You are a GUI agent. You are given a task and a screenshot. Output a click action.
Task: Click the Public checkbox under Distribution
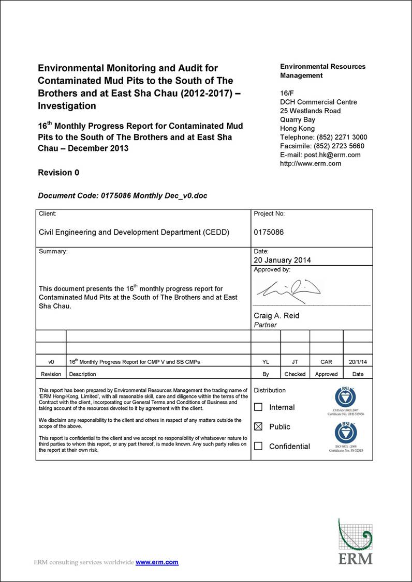coord(258,427)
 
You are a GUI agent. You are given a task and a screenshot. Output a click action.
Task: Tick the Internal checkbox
coord(258,407)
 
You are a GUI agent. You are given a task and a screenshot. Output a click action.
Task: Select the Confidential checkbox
coord(258,446)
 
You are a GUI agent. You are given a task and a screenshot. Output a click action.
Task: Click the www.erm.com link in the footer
coord(157,562)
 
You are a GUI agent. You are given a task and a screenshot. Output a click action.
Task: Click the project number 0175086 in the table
coord(269,232)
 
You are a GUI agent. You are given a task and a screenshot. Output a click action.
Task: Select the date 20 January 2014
coord(283,260)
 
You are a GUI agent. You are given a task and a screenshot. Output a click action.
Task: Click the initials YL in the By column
coord(266,362)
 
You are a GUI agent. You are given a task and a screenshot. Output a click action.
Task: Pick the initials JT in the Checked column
coord(295,362)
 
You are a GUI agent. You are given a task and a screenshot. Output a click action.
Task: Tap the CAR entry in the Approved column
coord(326,362)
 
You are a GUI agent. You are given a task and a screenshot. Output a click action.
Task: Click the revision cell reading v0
coord(51,362)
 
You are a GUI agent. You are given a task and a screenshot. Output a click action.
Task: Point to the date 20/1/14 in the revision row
coord(358,362)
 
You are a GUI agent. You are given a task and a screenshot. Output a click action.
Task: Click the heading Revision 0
coord(58,173)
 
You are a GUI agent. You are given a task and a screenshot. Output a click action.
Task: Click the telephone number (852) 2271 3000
coord(342,137)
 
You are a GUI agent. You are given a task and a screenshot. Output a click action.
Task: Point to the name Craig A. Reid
coord(276,316)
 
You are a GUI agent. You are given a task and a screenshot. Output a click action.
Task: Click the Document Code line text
coord(123,195)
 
